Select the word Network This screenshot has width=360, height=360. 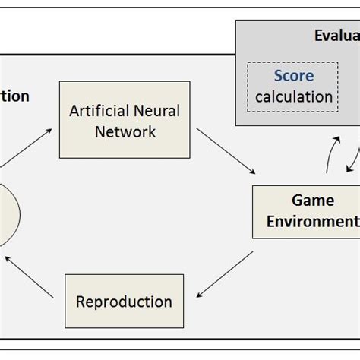[125, 131]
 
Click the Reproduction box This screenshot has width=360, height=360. [124, 301]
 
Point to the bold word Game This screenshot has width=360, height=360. [313, 201]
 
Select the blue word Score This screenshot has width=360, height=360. [293, 76]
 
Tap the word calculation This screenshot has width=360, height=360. [293, 96]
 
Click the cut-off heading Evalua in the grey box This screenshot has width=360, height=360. [336, 36]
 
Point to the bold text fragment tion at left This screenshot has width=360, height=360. [15, 96]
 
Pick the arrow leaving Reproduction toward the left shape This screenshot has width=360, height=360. [28, 275]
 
